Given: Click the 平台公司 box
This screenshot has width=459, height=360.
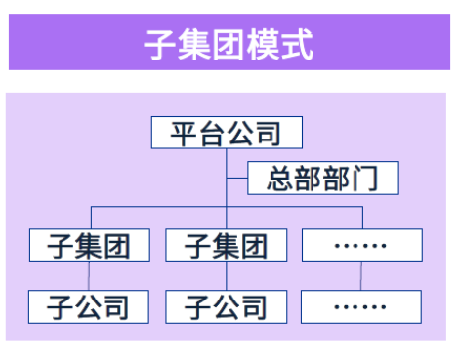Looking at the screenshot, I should [226, 133].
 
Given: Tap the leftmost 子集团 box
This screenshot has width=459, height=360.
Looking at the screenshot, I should [90, 245].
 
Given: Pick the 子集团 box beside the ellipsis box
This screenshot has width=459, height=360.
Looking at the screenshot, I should [226, 245].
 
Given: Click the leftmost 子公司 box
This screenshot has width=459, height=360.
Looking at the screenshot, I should [90, 307].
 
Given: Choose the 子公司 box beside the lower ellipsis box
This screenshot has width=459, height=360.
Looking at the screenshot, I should [226, 307].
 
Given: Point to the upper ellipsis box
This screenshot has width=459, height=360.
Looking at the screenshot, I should [361, 245].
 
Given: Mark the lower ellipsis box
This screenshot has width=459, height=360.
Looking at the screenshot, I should [361, 307].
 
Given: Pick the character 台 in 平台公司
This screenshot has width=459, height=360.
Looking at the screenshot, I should [211, 133].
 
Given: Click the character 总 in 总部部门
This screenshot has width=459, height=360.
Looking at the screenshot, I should [281, 180].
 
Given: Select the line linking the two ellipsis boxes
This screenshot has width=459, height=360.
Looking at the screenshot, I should [361, 276].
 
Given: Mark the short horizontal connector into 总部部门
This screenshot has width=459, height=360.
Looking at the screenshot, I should [236, 180].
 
